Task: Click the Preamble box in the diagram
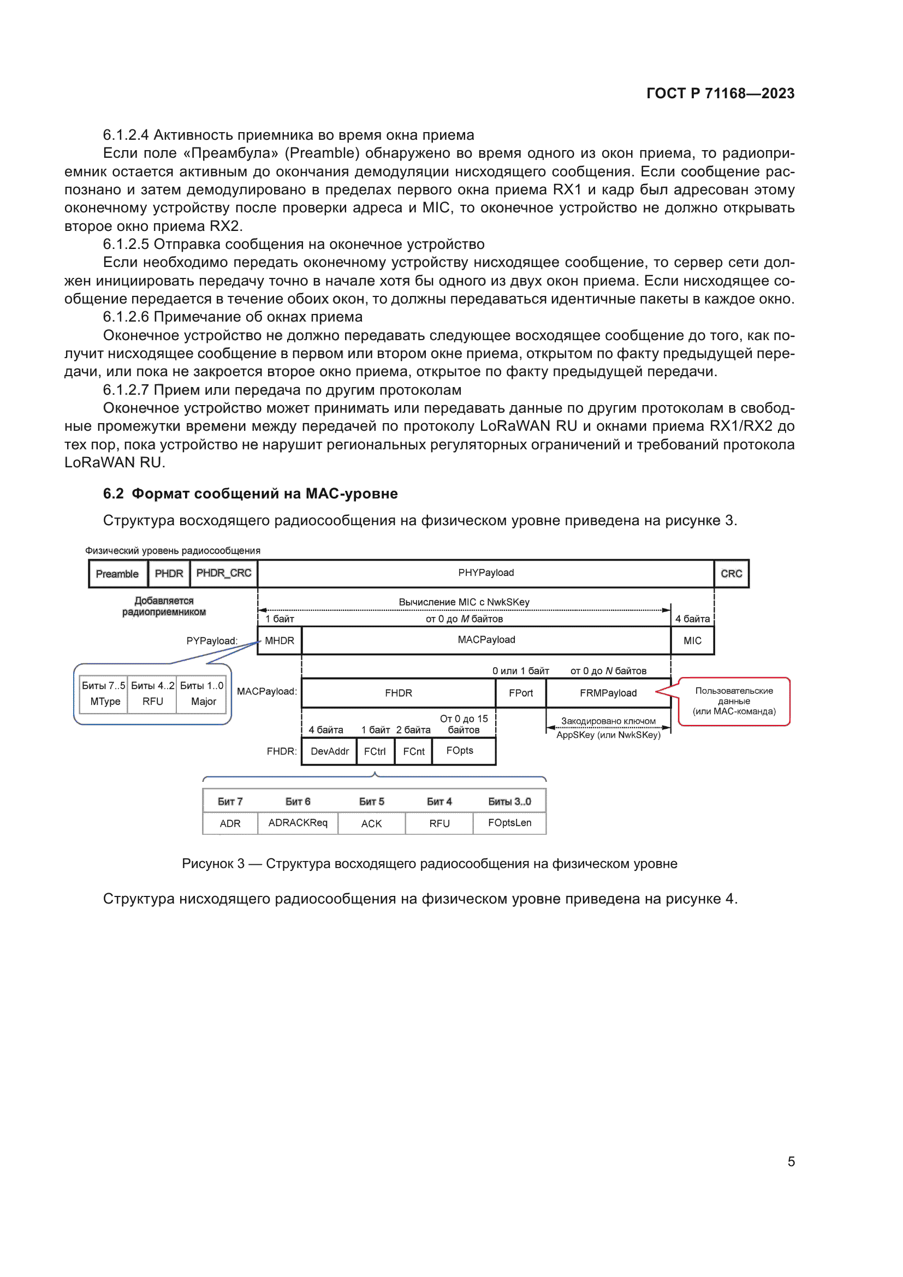[x=117, y=573]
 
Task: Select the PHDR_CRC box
[x=223, y=573]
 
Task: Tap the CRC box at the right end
[x=730, y=573]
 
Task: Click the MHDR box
[x=279, y=640]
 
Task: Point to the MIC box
[x=692, y=640]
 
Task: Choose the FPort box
[x=520, y=693]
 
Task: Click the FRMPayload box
[x=608, y=693]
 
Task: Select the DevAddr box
[x=329, y=751]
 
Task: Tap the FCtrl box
[x=374, y=751]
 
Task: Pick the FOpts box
[x=460, y=751]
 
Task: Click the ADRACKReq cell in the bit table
[x=298, y=823]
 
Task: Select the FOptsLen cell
[x=509, y=823]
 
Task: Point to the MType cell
[x=105, y=702]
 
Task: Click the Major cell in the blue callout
[x=203, y=702]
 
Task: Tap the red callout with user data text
[x=733, y=701]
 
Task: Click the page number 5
[x=791, y=1161]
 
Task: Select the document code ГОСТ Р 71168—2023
[x=720, y=93]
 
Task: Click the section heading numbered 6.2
[x=250, y=494]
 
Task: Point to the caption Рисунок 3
[x=429, y=863]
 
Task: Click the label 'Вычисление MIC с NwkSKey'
[x=464, y=602]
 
